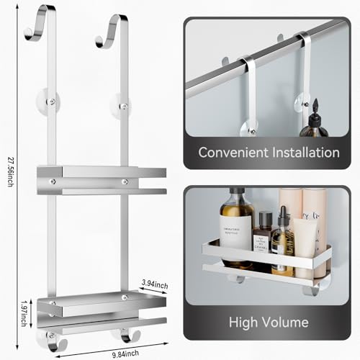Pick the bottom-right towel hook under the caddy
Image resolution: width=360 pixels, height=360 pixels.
[127, 334]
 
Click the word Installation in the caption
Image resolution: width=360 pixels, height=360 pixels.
[303, 153]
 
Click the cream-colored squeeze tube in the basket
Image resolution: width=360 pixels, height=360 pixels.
[305, 245]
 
